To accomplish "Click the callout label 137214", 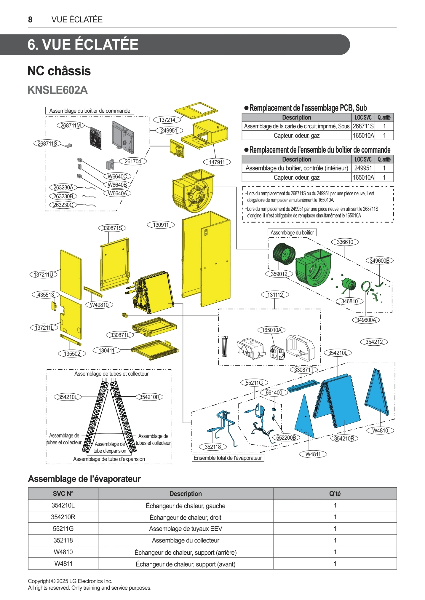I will [167, 120].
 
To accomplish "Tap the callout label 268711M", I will [71, 125].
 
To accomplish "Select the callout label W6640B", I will [117, 185].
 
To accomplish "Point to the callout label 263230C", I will [63, 205].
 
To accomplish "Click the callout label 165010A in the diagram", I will [271, 330].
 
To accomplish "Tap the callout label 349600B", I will [379, 261].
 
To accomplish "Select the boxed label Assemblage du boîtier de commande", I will [90, 111].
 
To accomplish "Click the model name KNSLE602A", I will [57, 90].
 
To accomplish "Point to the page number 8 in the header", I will [30, 20].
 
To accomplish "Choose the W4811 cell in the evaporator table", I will [63, 564].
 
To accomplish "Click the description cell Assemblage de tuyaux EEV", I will [186, 529].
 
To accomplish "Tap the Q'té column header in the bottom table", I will [335, 494].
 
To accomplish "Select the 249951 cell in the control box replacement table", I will [363, 168].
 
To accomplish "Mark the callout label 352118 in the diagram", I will [213, 447].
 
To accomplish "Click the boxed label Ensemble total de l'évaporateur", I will [228, 458].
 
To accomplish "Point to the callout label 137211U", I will [44, 275].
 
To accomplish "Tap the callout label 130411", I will [106, 350].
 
